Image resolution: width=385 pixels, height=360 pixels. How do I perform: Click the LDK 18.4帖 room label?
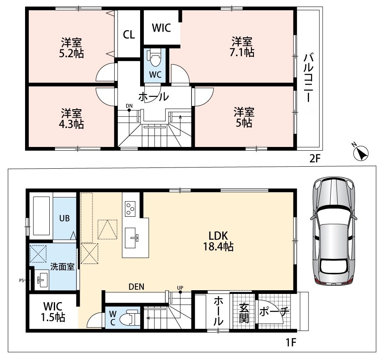(218, 241)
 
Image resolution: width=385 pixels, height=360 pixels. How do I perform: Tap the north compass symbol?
(361, 153)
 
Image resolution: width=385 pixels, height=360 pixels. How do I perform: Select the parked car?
(334, 231)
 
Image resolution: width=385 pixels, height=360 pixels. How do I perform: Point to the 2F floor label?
(315, 159)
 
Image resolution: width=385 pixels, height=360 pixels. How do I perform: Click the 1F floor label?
(291, 342)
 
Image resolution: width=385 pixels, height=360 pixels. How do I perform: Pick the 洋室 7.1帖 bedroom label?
(242, 47)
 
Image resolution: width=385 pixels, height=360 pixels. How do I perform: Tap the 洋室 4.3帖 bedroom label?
(71, 119)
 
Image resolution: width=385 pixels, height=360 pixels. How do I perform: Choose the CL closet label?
(129, 34)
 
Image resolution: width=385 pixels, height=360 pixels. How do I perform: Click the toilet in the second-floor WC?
(155, 57)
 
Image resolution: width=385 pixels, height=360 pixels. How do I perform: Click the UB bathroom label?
(65, 218)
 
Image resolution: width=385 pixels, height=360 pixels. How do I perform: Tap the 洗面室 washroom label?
(62, 266)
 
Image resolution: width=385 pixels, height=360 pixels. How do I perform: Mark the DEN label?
(136, 287)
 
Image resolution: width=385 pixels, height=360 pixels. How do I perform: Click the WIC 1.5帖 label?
(53, 312)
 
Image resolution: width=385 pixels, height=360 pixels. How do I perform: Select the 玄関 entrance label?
(244, 313)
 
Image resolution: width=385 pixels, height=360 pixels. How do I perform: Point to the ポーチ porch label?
(274, 312)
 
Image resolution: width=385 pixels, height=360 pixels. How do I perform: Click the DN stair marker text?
(129, 106)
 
